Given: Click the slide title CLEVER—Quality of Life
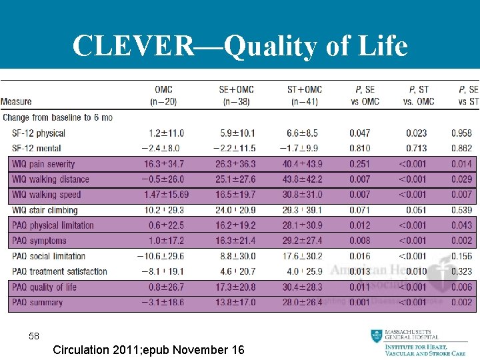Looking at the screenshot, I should (240, 46).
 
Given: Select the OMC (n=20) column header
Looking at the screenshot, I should (163, 95).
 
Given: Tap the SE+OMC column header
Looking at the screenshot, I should (236, 95).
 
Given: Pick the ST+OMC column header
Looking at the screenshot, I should (304, 95).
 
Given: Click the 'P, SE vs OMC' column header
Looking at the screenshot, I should (364, 95).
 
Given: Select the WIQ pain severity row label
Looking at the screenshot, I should (43, 164).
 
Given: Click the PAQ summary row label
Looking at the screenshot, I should (37, 303).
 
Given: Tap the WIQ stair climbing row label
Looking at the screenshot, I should (45, 210).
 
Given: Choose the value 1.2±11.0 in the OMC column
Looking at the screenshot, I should (166, 133).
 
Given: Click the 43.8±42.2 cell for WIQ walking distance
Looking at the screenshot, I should (302, 179).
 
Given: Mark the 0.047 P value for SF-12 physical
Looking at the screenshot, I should (359, 133).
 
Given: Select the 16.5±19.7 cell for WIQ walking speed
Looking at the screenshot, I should (235, 195).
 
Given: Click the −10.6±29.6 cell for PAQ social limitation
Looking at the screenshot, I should (161, 256).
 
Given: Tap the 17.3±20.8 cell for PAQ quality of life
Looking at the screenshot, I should (235, 287).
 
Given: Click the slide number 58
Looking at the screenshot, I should (34, 337).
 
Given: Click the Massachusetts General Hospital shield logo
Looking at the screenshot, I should (378, 337).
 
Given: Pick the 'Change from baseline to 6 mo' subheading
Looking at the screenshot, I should (57, 117).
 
